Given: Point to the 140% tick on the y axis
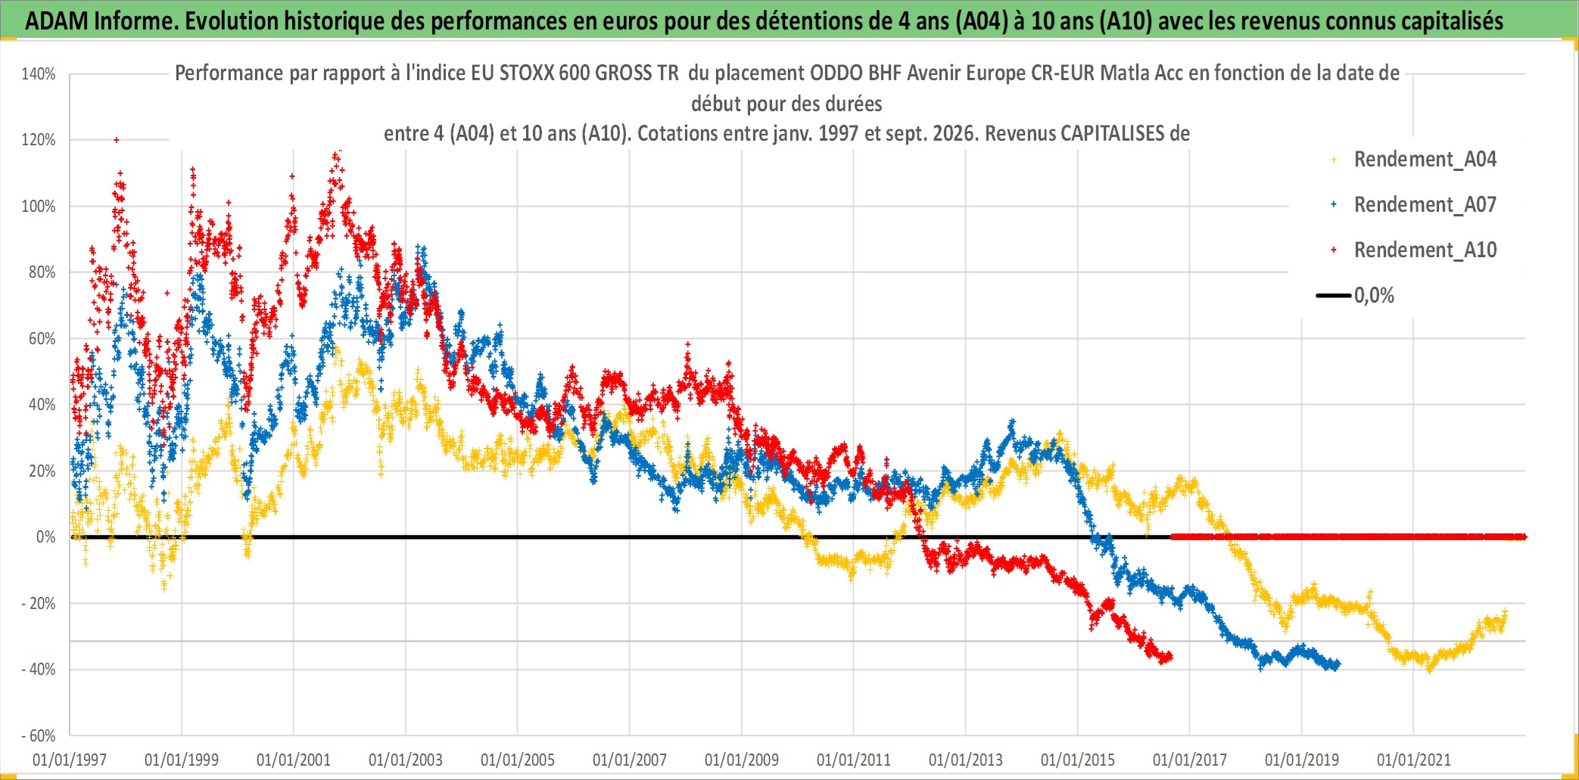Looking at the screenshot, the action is coord(39,74).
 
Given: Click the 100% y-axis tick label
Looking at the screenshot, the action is coord(39,207).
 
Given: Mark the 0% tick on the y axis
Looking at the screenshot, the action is coord(46,537).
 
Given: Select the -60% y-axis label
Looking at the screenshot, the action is coord(39,735).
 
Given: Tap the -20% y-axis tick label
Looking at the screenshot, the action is coord(39,604).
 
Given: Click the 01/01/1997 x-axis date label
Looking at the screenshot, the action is coord(70,760).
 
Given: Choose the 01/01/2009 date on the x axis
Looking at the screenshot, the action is coord(742,760).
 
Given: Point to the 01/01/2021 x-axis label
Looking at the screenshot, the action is coord(1414,760).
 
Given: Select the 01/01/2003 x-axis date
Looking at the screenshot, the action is coord(406,760).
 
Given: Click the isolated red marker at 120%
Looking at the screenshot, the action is coord(116,140).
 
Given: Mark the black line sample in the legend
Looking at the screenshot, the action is coord(1334,296).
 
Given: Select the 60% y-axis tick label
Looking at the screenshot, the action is coord(42,339).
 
